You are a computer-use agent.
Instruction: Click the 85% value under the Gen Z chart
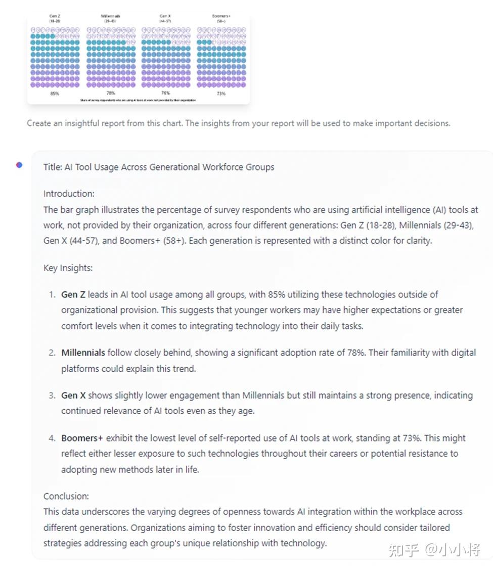click(55, 94)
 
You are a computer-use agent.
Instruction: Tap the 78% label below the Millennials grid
click(110, 94)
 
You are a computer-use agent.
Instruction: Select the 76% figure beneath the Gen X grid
click(165, 94)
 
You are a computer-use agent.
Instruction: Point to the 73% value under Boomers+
click(221, 94)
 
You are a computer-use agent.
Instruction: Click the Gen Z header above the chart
click(55, 18)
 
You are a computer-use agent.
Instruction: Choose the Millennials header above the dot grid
click(110, 18)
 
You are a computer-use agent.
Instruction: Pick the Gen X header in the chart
click(165, 18)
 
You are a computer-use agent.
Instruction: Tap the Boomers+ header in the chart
click(221, 18)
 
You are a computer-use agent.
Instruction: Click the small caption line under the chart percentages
click(138, 100)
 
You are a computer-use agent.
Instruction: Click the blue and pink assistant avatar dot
click(19, 164)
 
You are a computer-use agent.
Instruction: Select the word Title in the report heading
click(52, 167)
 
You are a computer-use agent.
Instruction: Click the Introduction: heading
click(69, 194)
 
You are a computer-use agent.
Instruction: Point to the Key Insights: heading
click(68, 268)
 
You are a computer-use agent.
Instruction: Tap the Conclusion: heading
click(66, 496)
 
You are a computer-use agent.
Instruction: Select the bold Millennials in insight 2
click(83, 353)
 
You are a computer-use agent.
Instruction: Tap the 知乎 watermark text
click(404, 550)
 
